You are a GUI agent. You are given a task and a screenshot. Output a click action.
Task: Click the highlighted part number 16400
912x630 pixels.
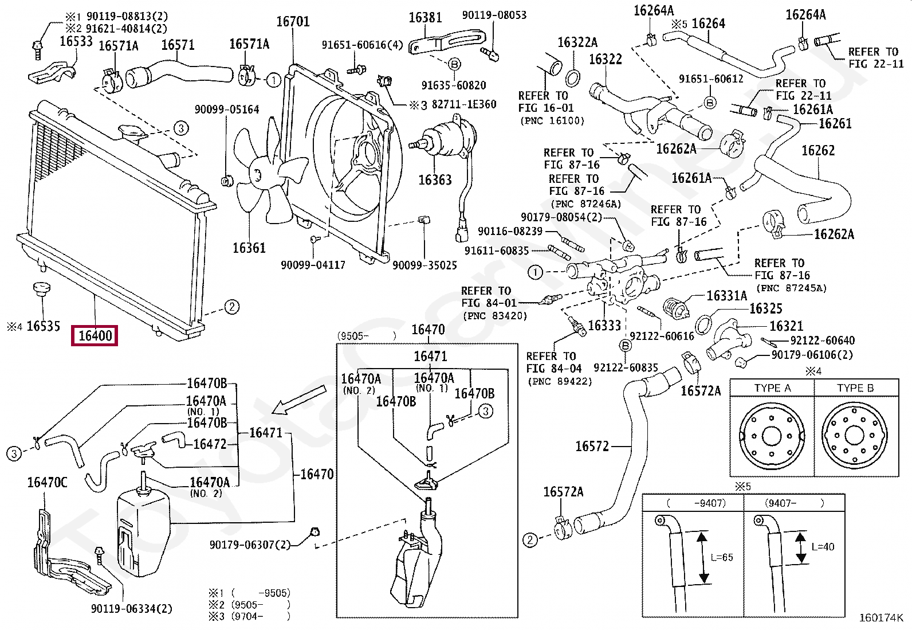point(95,336)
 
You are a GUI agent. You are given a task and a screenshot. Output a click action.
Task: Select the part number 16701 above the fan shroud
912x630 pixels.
point(293,22)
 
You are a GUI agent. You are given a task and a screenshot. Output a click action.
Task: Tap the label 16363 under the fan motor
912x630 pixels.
point(435,179)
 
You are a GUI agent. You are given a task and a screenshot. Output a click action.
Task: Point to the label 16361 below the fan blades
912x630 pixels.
point(249,248)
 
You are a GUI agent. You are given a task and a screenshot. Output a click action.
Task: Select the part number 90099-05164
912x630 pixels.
point(227,109)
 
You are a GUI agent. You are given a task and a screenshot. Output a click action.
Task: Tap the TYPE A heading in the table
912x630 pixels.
point(772,388)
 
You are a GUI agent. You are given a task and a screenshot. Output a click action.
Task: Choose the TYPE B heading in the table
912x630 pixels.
point(855,388)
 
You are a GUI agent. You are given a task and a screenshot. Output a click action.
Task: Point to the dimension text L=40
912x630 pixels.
point(823,547)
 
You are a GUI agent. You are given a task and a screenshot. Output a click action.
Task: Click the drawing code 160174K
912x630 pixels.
point(880,618)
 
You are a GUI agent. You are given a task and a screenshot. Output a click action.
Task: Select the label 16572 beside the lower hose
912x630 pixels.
point(592,446)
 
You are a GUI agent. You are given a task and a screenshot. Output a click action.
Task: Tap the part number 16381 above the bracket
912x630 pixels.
point(425,18)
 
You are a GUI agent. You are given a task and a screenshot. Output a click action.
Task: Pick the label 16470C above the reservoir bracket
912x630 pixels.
point(47,483)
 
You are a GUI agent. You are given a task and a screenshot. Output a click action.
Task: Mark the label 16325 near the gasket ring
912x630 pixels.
point(766,308)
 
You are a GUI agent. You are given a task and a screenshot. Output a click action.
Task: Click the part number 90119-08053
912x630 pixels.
point(494,15)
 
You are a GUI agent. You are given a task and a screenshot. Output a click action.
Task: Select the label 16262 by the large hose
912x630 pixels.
point(818,150)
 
